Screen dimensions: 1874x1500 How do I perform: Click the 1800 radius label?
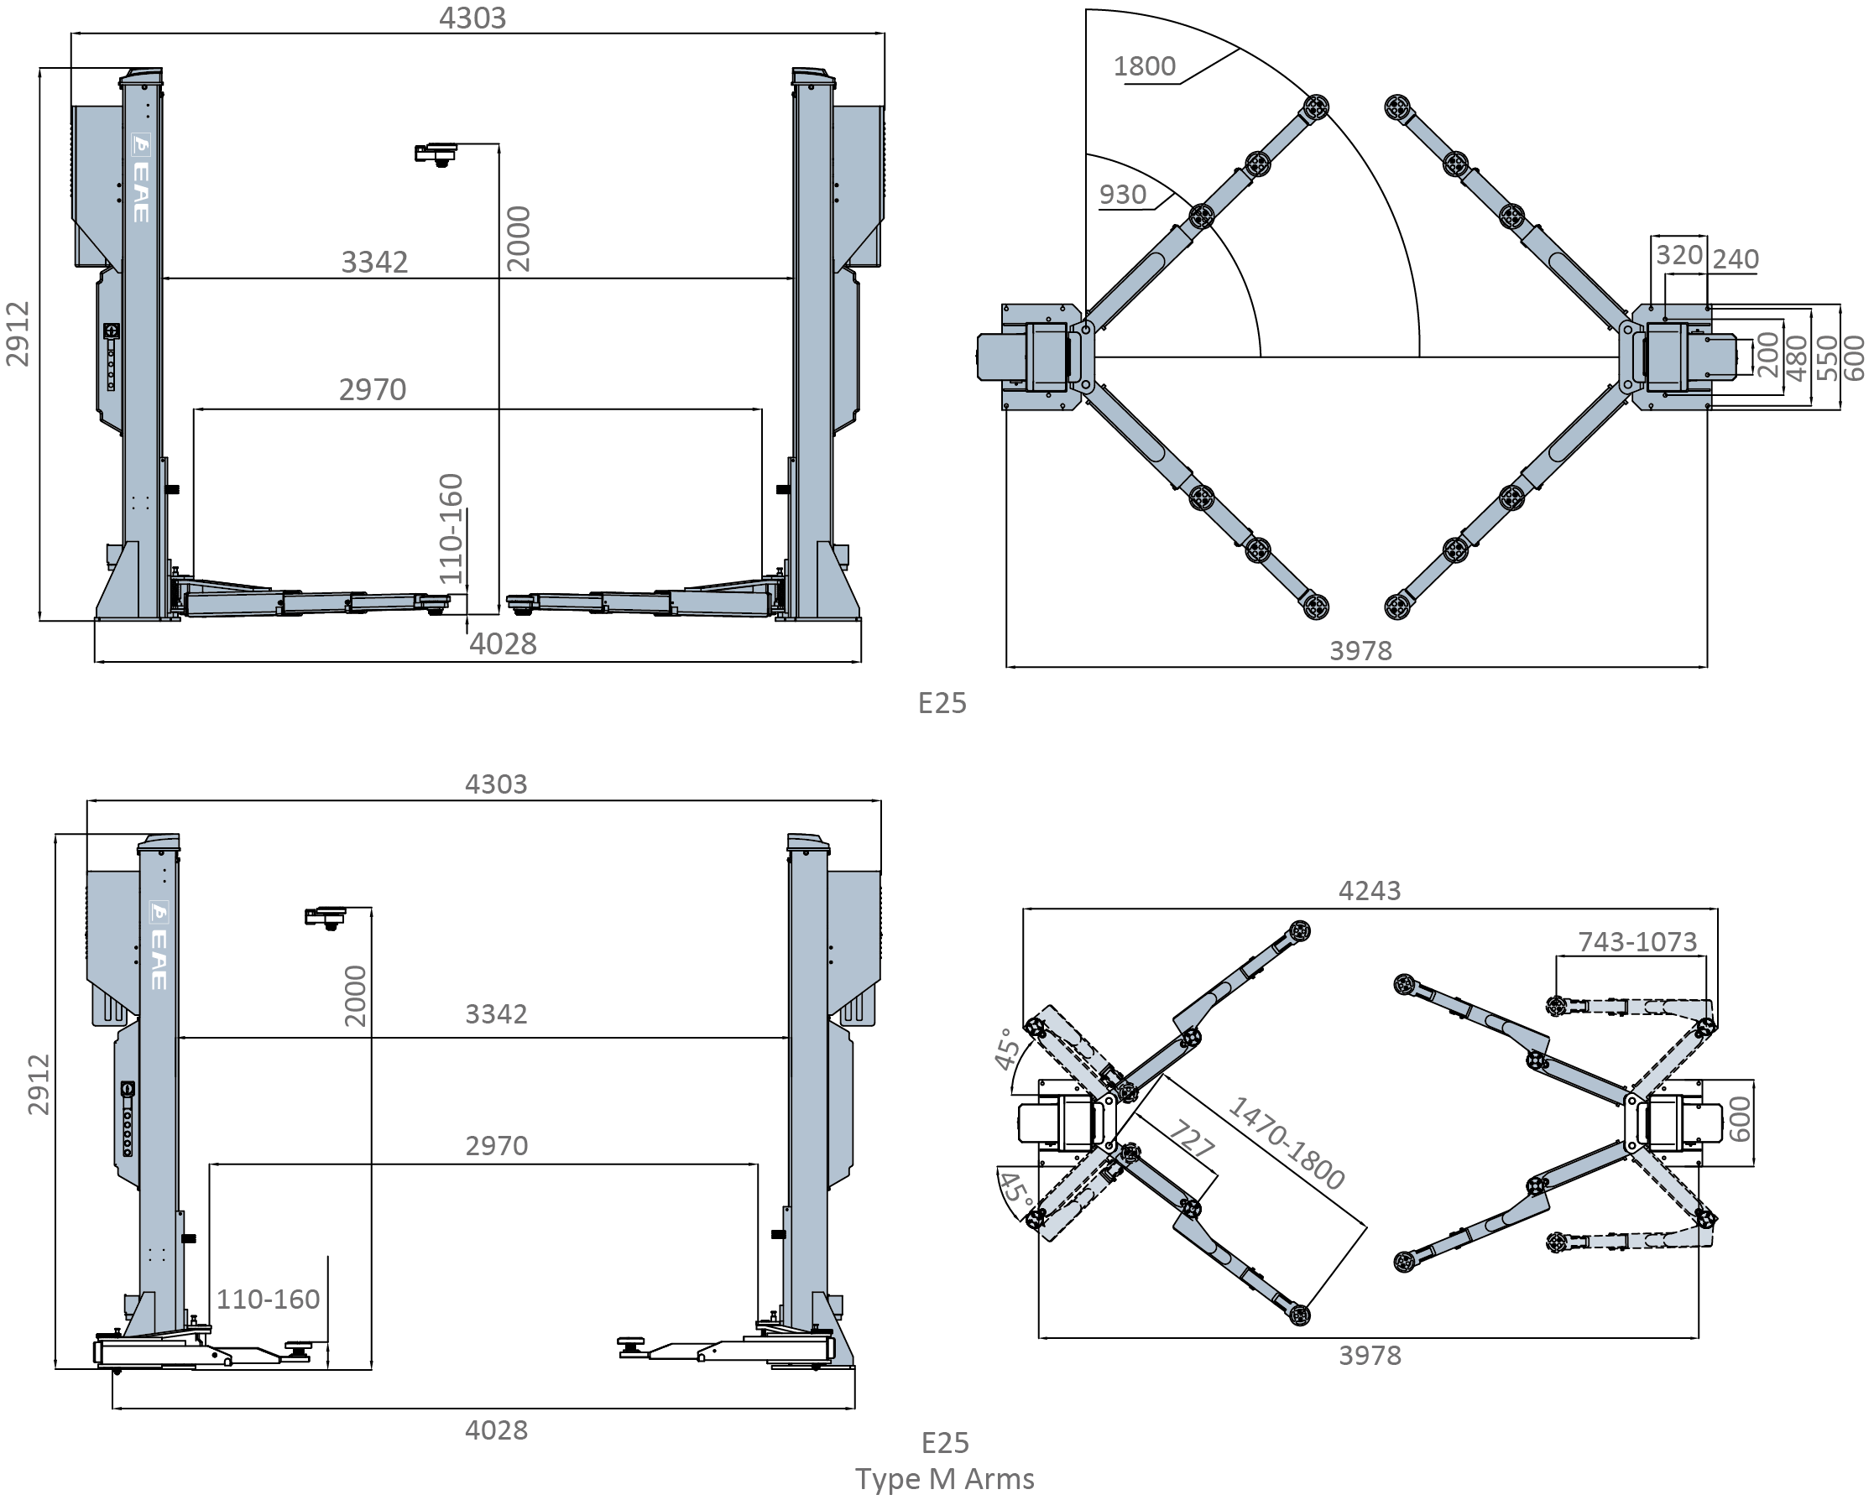1144,66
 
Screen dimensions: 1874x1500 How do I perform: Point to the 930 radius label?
1123,195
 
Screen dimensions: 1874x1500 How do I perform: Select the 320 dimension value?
1678,255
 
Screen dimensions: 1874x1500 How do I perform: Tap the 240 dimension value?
1736,259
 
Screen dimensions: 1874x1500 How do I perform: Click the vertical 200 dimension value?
1768,355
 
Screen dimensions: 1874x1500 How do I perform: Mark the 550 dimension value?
1826,357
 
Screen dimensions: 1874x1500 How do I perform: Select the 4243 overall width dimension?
1369,891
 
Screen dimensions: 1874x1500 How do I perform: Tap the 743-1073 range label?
1637,942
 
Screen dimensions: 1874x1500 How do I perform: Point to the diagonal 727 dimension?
1190,1138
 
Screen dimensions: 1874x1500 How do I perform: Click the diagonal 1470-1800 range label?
1287,1143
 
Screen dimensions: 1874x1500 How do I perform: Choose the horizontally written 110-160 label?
268,1299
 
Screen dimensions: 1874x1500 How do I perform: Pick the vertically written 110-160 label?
450,529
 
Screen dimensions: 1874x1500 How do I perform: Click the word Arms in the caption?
998,1478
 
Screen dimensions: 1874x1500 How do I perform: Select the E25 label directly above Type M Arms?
945,1443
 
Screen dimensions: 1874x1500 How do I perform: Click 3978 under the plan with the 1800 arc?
1360,651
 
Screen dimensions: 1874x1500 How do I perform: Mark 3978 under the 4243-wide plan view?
1370,1356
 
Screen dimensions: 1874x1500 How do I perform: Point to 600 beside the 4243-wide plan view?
1739,1119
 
